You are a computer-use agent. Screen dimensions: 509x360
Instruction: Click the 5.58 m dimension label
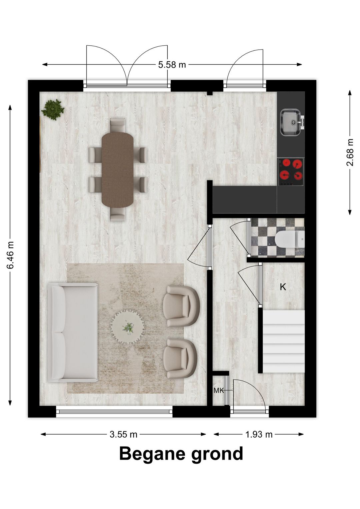click(172, 64)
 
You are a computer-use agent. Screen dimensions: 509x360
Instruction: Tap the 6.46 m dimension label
click(11, 255)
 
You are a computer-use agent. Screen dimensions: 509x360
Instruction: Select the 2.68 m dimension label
click(350, 152)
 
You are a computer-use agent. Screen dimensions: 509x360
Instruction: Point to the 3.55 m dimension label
click(123, 434)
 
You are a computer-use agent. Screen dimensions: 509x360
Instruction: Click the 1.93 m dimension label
click(259, 434)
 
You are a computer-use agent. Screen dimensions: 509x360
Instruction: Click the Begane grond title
click(181, 454)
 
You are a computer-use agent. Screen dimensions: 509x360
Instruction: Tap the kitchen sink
click(291, 122)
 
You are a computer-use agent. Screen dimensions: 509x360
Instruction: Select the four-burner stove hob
click(291, 169)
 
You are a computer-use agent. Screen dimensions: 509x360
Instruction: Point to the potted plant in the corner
click(53, 109)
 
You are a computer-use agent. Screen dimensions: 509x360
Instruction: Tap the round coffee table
click(128, 327)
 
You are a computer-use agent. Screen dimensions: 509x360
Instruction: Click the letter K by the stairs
click(283, 287)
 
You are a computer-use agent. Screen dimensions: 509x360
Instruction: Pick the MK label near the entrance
click(219, 391)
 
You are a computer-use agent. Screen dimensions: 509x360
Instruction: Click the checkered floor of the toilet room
click(263, 237)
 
